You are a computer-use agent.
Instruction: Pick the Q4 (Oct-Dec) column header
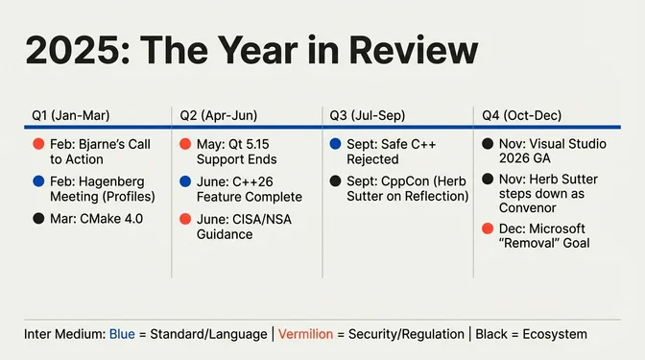tap(520, 115)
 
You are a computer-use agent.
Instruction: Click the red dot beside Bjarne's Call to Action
tap(36, 144)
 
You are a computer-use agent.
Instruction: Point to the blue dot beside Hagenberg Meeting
tap(36, 180)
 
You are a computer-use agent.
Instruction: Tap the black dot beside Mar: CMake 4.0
tap(36, 218)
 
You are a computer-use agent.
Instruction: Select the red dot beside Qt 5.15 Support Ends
tap(187, 144)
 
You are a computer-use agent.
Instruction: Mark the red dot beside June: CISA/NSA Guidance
tap(187, 218)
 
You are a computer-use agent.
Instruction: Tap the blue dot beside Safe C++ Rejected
tap(336, 144)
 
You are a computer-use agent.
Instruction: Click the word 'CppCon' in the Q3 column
tap(409, 180)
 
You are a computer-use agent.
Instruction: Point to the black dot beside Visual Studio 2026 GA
tap(488, 144)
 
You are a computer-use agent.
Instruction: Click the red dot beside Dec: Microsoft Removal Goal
tap(488, 228)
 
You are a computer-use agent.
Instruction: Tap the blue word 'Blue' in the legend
tap(122, 333)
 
